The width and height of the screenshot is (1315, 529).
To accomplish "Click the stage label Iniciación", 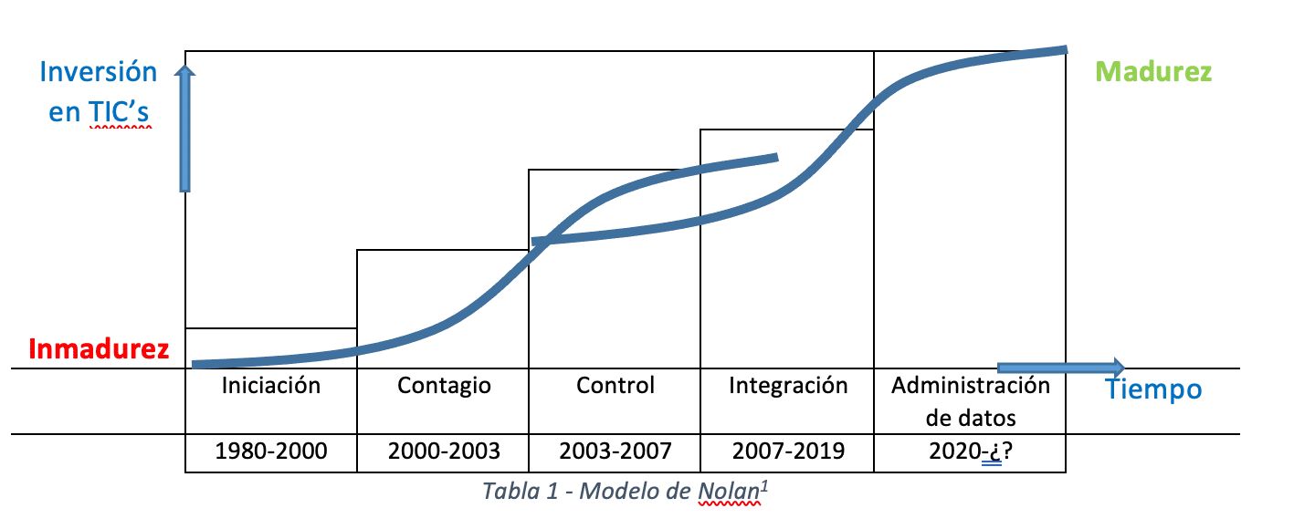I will click(x=271, y=386).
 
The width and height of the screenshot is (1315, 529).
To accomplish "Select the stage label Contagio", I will click(x=444, y=386).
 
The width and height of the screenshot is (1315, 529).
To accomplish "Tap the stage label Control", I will click(x=615, y=386).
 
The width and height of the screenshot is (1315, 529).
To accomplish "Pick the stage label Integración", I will click(x=788, y=386).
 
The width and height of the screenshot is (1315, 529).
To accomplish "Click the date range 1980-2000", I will click(x=271, y=451).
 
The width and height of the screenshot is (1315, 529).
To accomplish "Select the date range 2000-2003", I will click(x=444, y=451).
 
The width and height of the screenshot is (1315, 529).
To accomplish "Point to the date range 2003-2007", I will click(x=615, y=451).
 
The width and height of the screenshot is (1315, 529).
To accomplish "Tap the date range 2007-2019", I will click(x=788, y=451).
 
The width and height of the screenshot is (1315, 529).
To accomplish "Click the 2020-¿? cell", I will click(x=970, y=451).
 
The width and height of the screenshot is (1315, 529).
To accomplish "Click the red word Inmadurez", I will click(x=99, y=349).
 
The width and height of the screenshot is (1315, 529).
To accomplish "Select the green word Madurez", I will click(x=1153, y=72).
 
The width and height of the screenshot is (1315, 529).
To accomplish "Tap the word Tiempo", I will click(x=1153, y=390).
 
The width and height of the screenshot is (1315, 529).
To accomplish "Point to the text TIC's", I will click(x=119, y=113).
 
